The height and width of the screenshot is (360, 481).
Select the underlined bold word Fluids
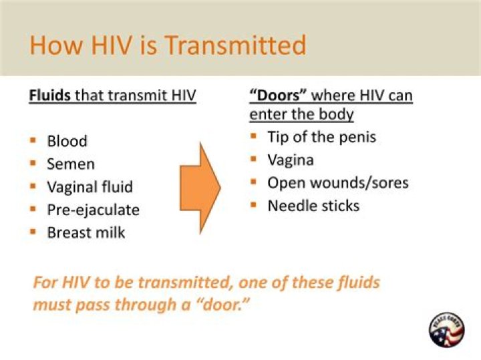click(49, 96)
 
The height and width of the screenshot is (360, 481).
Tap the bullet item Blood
click(67, 141)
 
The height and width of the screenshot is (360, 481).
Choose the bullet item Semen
click(71, 164)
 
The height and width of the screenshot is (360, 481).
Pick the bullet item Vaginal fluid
click(90, 187)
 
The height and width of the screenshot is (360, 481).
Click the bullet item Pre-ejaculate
click(93, 210)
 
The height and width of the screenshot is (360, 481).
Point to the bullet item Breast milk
click(86, 232)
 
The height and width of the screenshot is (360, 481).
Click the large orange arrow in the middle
click(200, 187)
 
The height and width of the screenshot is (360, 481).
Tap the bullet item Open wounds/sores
click(337, 182)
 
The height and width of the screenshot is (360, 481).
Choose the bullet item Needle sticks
click(313, 206)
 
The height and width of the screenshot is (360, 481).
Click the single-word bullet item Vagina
click(290, 160)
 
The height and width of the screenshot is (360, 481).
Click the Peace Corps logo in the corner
click(446, 330)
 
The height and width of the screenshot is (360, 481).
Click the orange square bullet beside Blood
click(33, 141)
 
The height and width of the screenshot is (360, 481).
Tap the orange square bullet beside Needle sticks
click(253, 206)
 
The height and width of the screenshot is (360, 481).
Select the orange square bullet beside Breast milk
click(33, 232)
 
